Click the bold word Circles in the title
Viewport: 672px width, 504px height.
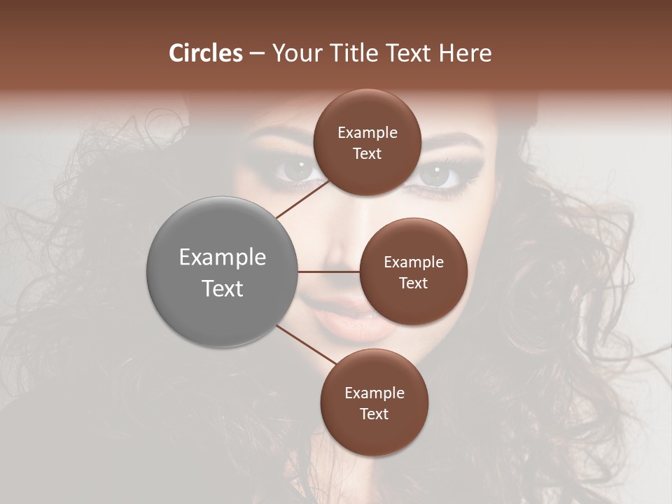(205, 53)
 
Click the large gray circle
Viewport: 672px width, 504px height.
(223, 272)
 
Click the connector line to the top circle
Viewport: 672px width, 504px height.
(304, 199)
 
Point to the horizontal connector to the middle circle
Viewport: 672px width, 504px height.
(329, 272)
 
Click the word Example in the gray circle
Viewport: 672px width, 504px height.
(223, 258)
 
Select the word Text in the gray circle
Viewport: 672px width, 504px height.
(223, 288)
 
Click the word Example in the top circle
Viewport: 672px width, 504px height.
(367, 133)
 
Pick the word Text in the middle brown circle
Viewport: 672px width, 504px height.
(413, 283)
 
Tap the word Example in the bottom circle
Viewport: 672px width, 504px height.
(374, 393)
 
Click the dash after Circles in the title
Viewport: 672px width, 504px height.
(257, 54)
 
